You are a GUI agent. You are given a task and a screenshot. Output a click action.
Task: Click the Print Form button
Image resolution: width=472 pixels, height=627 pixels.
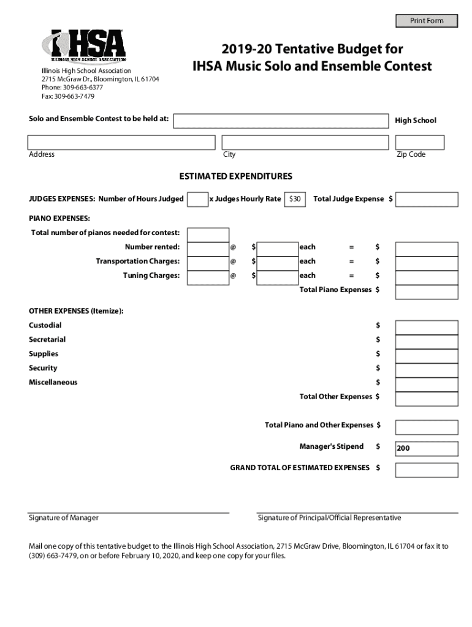click(x=427, y=21)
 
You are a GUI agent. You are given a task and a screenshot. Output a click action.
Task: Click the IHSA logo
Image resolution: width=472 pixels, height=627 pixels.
click(x=83, y=47)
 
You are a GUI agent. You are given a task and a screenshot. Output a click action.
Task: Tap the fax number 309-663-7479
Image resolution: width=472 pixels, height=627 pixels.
click(x=68, y=96)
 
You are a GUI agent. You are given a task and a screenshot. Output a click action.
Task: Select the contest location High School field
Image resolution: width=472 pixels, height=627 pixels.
click(x=281, y=121)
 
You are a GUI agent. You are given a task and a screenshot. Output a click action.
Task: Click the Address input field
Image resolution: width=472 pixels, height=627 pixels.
click(x=121, y=143)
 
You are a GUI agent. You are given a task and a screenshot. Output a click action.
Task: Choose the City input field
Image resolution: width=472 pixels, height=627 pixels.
click(x=305, y=143)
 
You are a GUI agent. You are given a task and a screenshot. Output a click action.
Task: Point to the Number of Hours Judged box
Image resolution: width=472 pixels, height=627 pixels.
click(x=197, y=199)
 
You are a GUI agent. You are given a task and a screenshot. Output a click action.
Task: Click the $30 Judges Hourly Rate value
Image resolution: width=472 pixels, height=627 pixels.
click(x=295, y=199)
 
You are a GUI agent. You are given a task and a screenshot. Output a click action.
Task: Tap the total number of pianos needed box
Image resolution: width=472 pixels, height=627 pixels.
click(x=208, y=235)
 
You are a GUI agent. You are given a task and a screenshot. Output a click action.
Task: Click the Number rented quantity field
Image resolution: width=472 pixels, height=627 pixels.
click(x=208, y=249)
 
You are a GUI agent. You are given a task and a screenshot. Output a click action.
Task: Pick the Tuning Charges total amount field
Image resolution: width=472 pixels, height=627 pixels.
click(x=427, y=277)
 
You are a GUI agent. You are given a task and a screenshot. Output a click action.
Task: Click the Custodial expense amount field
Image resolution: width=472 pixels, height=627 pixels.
click(x=427, y=328)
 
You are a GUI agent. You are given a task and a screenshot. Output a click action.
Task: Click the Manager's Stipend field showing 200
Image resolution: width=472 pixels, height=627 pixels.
click(x=427, y=449)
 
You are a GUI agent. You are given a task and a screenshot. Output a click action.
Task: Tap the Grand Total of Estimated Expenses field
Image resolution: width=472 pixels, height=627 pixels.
click(x=427, y=470)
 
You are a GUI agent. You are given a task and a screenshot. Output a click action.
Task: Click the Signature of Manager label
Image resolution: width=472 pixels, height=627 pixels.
click(x=64, y=518)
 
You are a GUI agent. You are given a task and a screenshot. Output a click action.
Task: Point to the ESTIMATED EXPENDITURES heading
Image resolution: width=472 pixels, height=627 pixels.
click(x=235, y=176)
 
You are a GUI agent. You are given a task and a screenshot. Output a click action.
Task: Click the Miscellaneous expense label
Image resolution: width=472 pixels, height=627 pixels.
click(x=53, y=382)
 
